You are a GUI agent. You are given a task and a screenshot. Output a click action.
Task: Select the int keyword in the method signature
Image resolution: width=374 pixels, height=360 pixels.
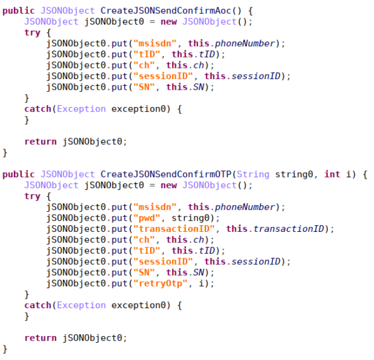tap(332, 174)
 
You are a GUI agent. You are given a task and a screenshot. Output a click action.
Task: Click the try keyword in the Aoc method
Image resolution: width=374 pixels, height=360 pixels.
tap(32, 33)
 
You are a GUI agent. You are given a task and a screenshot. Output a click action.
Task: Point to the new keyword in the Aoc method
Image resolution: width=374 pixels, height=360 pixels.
tap(169, 22)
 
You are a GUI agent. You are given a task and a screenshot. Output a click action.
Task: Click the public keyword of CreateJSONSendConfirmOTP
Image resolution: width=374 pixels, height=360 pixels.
tap(18, 174)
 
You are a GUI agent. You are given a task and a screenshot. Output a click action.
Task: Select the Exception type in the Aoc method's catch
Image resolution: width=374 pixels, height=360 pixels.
tap(81, 109)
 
